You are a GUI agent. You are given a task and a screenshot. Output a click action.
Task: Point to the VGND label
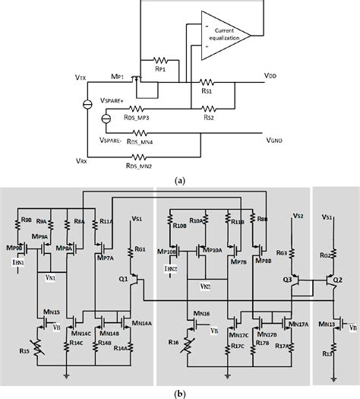pyautogui.click(x=275, y=140)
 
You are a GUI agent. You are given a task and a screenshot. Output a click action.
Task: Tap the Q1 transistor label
pyautogui.click(x=124, y=278)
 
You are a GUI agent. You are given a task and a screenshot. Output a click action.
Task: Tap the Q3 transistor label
pyautogui.click(x=287, y=280)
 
